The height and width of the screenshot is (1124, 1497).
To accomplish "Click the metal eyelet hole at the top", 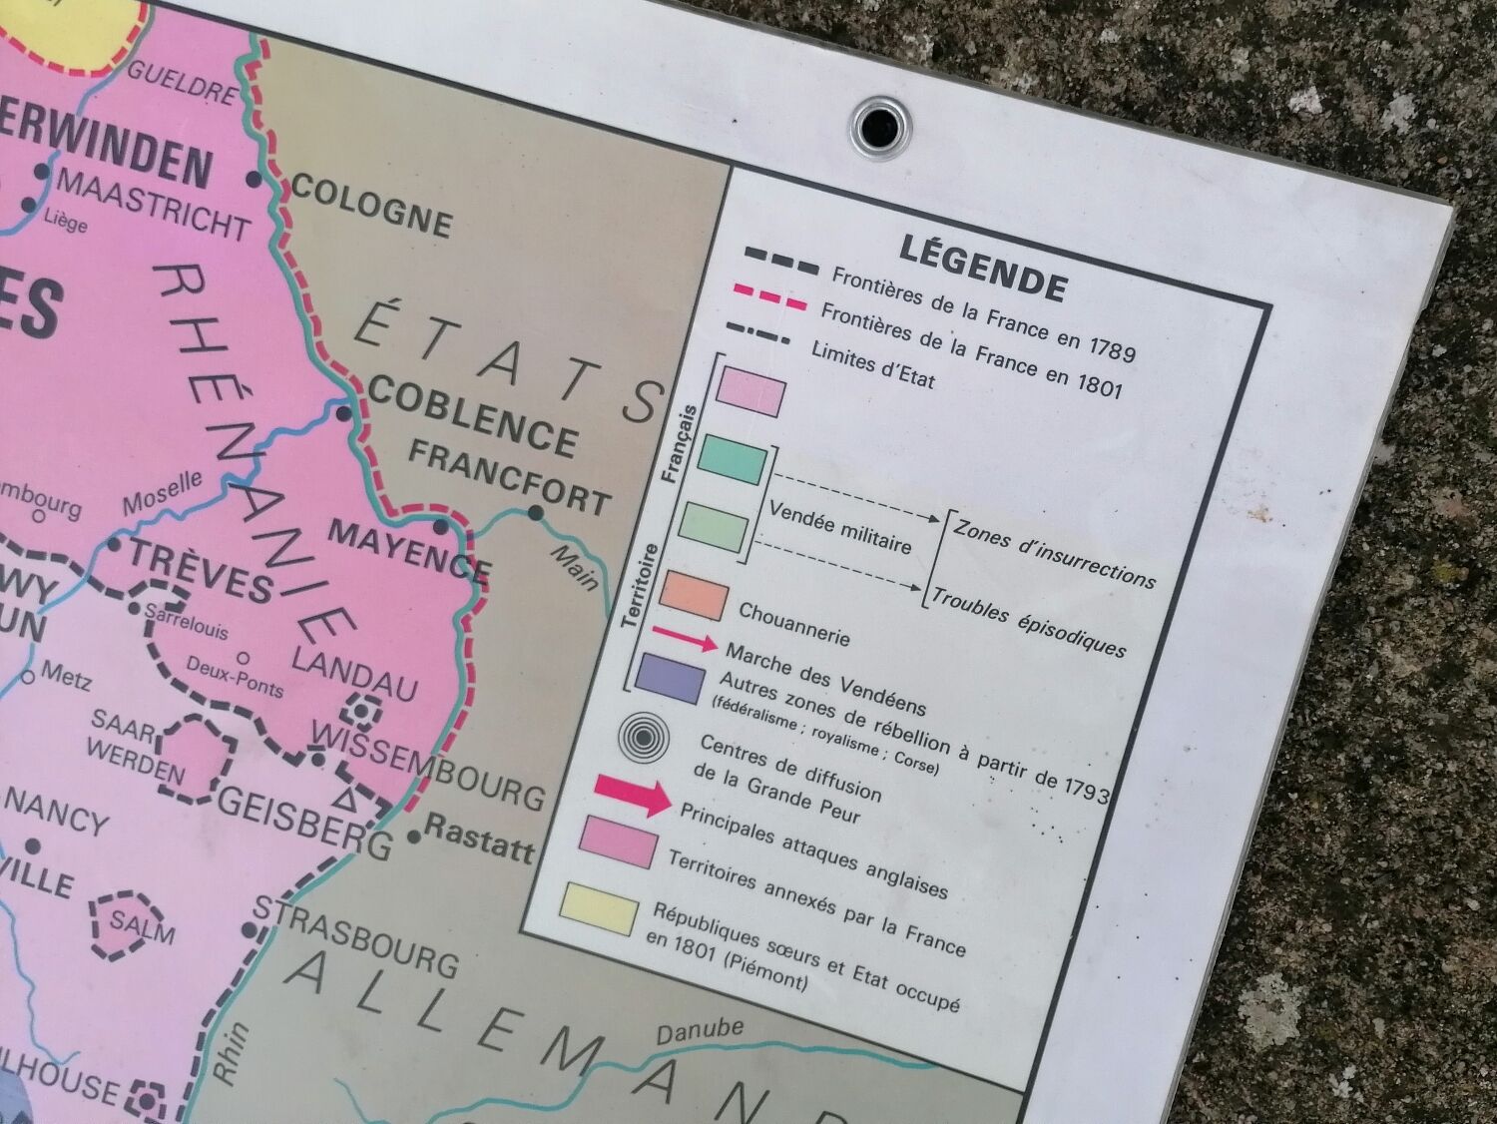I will (882, 126).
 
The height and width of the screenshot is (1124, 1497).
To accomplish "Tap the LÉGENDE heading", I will (983, 267).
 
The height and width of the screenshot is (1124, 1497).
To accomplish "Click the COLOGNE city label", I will (370, 206).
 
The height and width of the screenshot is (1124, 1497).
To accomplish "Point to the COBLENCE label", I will (472, 417).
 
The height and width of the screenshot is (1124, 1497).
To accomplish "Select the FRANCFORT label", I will (509, 478).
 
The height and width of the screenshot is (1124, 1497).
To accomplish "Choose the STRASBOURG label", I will (355, 937).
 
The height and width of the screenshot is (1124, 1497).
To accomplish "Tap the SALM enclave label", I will (142, 925).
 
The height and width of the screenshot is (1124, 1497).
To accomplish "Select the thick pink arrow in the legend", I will (635, 794).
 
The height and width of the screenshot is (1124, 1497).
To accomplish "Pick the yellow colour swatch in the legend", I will (600, 907).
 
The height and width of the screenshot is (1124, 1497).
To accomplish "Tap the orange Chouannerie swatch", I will (694, 596).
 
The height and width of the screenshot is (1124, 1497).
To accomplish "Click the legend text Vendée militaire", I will (840, 526).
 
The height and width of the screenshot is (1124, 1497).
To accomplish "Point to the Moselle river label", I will (162, 493).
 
